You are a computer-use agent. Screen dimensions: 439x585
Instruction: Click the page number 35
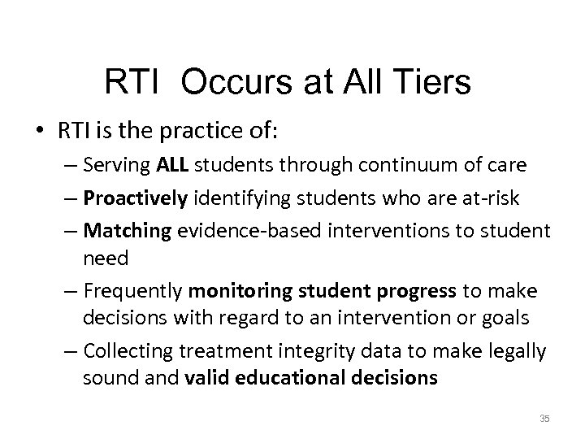click(544, 418)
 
